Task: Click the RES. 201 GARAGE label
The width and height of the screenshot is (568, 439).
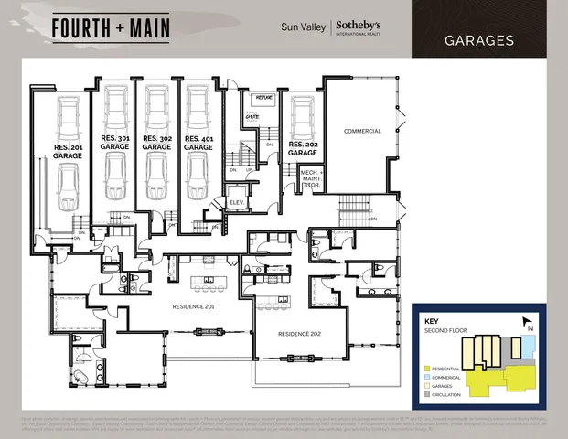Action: click(68, 152)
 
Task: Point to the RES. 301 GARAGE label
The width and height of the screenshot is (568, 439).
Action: click(116, 142)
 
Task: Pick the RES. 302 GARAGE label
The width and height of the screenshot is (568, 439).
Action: click(157, 142)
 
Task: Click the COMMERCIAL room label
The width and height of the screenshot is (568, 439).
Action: click(361, 131)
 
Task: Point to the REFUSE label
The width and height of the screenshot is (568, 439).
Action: click(252, 97)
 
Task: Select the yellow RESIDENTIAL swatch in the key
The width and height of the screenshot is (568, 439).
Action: click(428, 366)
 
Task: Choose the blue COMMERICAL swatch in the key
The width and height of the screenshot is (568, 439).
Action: click(428, 376)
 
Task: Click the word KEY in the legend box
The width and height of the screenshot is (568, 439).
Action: click(432, 322)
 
